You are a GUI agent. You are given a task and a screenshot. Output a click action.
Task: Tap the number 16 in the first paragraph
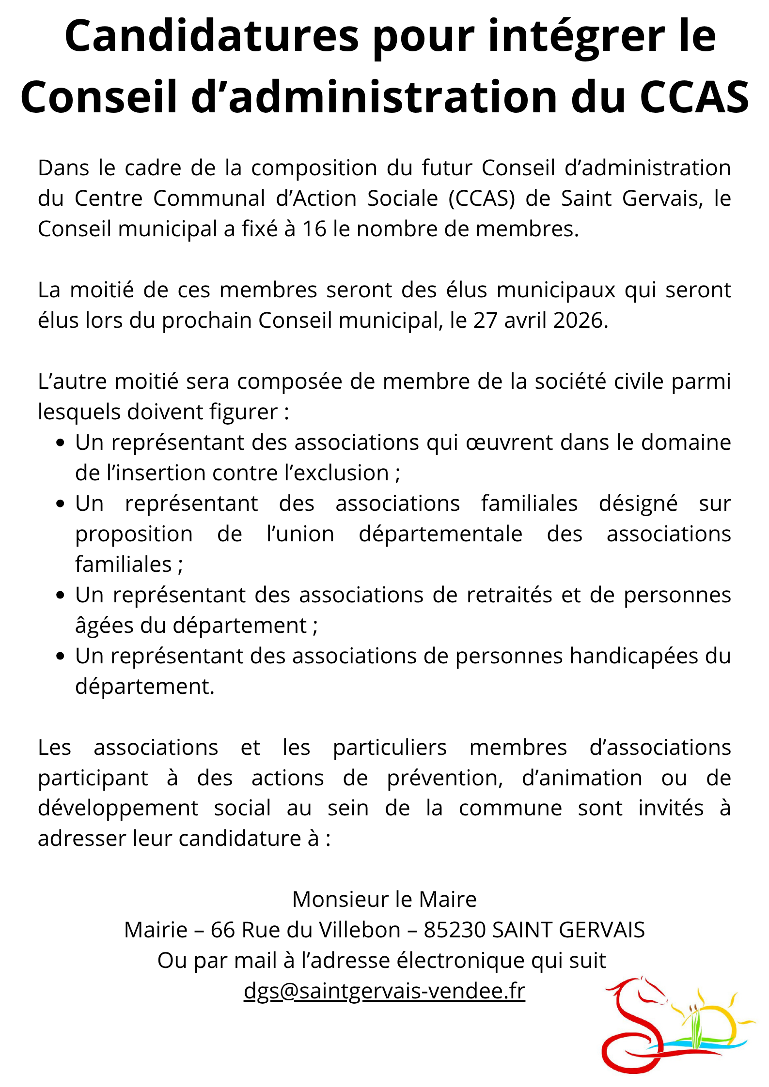314,229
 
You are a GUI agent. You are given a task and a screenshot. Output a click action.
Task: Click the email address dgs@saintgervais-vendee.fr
384,991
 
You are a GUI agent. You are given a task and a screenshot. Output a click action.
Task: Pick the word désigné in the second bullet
638,504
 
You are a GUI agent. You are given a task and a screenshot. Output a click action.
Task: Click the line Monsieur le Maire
384,899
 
